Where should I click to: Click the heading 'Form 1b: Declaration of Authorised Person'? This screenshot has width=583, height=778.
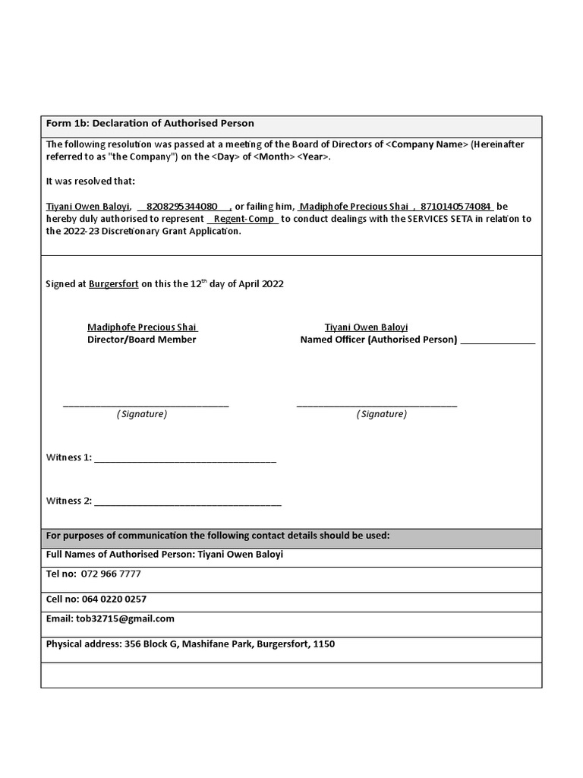point(150,123)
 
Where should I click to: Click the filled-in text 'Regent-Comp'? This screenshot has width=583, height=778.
point(244,219)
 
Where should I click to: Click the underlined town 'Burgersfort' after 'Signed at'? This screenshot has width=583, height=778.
point(114,283)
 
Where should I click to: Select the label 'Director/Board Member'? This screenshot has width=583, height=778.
point(142,340)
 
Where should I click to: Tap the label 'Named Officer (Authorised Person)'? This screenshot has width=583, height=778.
point(379,340)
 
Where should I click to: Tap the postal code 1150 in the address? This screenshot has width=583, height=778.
point(323,644)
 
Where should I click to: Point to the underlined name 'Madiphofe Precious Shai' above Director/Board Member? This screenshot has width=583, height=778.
point(142,327)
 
